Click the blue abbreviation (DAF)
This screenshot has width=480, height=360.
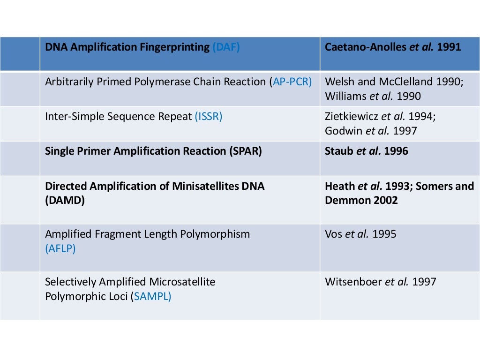(226, 47)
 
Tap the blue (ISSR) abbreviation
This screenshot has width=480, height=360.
(208, 116)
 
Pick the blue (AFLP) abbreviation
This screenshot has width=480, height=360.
(60, 248)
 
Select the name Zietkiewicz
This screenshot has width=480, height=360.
(355, 116)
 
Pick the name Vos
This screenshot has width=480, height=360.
(333, 233)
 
